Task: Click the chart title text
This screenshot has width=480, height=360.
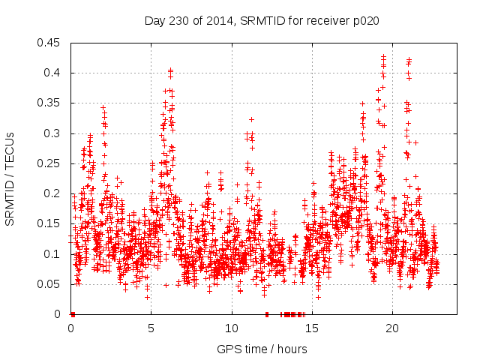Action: click(x=262, y=20)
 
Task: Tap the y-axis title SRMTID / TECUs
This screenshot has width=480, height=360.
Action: click(x=10, y=178)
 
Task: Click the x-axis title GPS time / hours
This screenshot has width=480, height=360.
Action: click(x=262, y=349)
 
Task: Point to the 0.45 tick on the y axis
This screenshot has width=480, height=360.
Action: click(x=52, y=43)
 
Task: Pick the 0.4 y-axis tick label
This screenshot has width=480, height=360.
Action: click(x=55, y=73)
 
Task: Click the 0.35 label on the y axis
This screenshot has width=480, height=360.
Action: click(x=52, y=103)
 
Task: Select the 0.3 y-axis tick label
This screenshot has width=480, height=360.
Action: click(x=55, y=133)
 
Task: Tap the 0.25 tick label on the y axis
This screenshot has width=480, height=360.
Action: click(x=52, y=163)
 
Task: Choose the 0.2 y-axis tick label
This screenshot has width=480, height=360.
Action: click(x=55, y=193)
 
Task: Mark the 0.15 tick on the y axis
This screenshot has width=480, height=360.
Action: click(x=52, y=224)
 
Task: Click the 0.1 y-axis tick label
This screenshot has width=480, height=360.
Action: click(x=55, y=254)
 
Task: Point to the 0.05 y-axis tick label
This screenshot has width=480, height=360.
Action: click(x=52, y=284)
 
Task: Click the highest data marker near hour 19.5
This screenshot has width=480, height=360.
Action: click(x=383, y=56)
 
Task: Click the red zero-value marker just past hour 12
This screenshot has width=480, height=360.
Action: click(x=267, y=314)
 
